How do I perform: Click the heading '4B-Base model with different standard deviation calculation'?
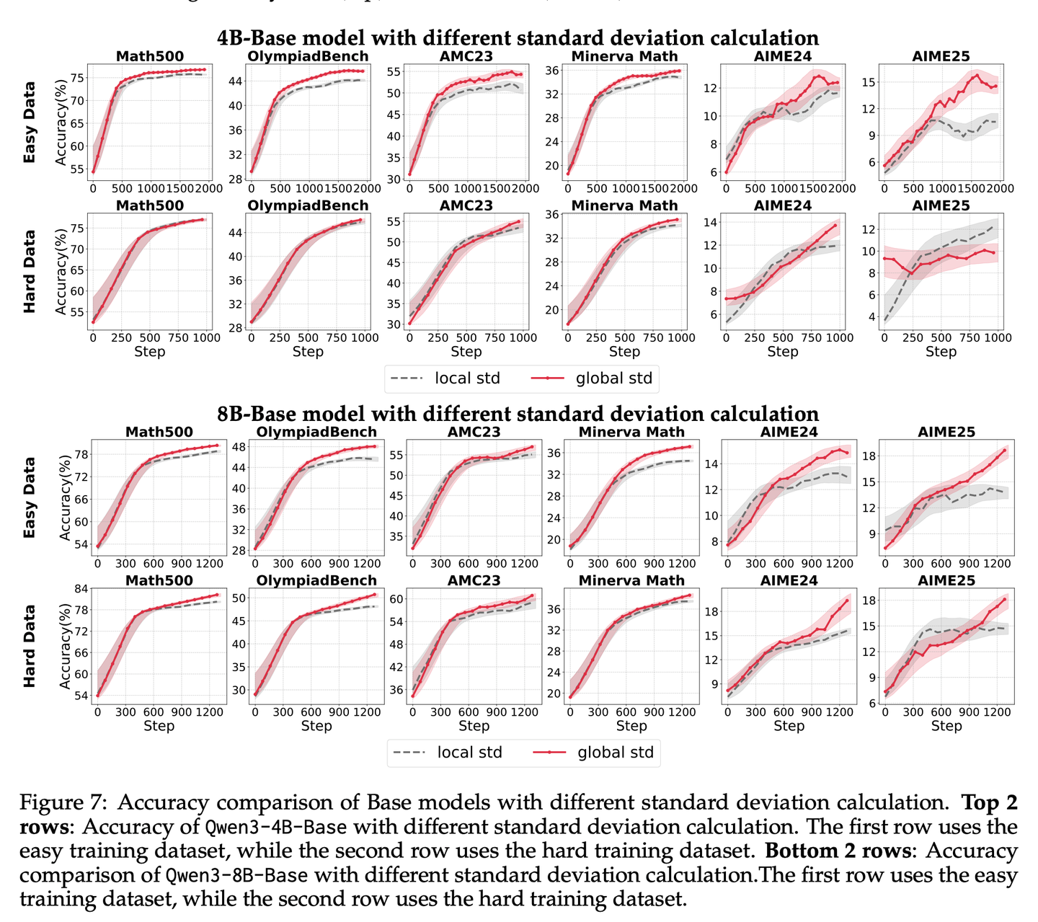[518, 38]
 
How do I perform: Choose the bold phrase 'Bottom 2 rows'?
[838, 851]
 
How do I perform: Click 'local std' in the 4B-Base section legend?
[467, 378]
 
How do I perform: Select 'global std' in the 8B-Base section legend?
[616, 753]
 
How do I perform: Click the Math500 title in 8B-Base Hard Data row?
[159, 580]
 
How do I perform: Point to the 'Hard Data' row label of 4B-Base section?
[30, 271]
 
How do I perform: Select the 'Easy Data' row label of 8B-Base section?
[30, 497]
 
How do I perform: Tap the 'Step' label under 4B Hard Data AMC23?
[466, 352]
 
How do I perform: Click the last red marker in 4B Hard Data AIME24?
[835, 225]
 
